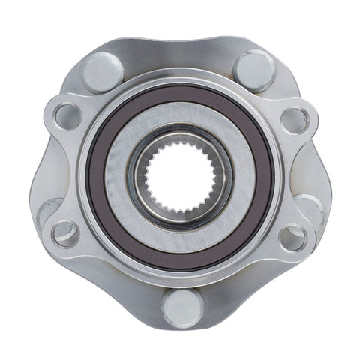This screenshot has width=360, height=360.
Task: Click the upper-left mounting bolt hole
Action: tap(66, 115)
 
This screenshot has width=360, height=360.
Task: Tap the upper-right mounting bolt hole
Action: tap(294, 118)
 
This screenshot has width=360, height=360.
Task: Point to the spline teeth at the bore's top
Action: tap(179, 144)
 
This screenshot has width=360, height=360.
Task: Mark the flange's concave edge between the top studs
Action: tap(179, 52)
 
